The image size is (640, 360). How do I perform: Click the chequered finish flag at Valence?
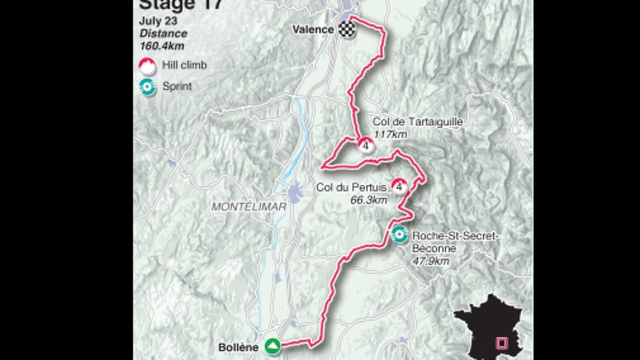[344, 29]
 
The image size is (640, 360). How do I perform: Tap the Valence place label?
[313, 29]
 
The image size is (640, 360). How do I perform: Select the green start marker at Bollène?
[272, 346]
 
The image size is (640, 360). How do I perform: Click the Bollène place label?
[238, 347]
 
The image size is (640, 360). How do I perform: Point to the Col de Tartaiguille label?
[417, 122]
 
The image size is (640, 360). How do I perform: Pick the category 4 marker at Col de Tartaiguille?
[366, 145]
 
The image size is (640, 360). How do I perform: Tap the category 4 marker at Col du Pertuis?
[399, 186]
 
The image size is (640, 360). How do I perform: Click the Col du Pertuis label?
[351, 187]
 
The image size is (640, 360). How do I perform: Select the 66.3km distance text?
[369, 200]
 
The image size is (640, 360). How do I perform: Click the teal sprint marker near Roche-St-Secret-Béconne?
[399, 234]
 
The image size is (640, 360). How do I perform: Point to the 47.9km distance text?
[430, 261]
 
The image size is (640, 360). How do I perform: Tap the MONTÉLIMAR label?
[248, 206]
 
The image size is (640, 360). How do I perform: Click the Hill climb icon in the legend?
[147, 65]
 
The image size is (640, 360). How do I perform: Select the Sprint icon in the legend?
[147, 86]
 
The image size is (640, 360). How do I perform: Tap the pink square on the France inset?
[501, 343]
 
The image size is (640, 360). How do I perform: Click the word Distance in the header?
[163, 34]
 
